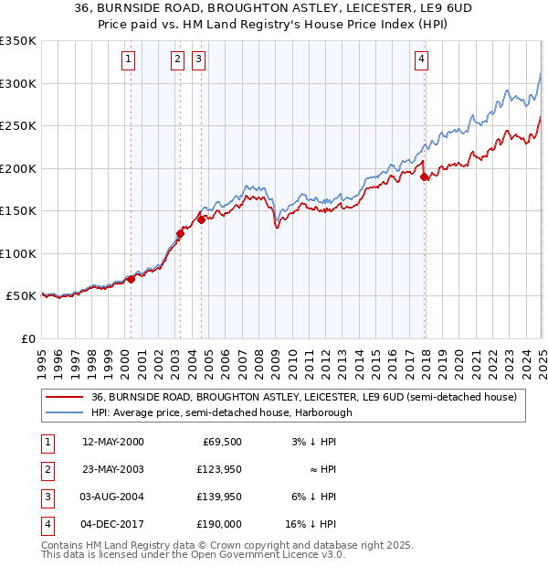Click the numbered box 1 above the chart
(x=128, y=60)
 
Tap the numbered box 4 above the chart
(x=422, y=60)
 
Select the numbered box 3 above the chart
(x=198, y=60)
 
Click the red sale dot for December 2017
(x=425, y=177)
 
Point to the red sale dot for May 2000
(x=131, y=279)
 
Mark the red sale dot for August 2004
(x=201, y=219)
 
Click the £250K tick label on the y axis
(x=18, y=126)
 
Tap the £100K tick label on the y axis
(x=18, y=253)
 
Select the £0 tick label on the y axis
(x=26, y=338)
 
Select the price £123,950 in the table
(x=219, y=469)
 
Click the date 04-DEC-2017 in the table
(x=113, y=524)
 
